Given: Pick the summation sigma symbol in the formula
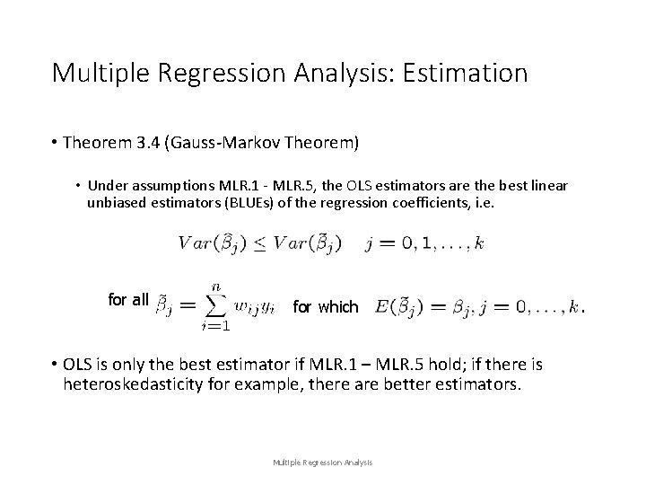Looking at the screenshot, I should click(x=215, y=306).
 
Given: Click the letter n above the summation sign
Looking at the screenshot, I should click(x=215, y=285).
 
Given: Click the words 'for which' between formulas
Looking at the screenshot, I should click(x=325, y=307).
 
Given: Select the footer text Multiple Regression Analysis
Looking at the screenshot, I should click(x=323, y=463).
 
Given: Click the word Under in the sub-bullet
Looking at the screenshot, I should click(x=106, y=186).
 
